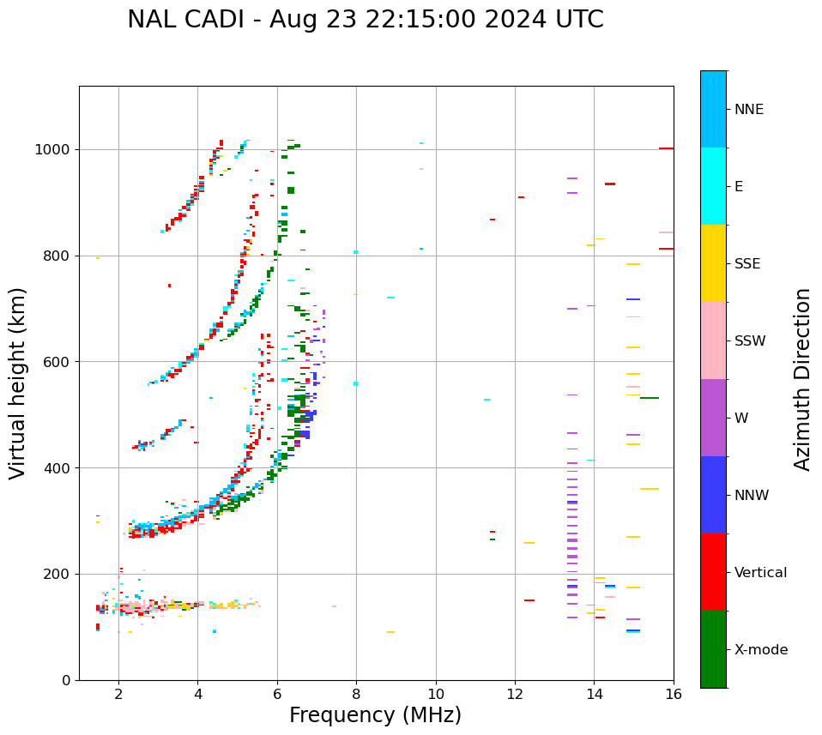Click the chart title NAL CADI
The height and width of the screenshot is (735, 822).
(x=365, y=20)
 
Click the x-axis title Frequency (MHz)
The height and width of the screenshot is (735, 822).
(x=375, y=715)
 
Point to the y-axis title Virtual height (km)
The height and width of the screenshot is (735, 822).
(x=18, y=383)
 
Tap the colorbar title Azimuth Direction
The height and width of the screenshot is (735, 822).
(x=802, y=378)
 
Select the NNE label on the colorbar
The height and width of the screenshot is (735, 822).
(x=748, y=110)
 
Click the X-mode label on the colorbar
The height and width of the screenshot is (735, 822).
(x=760, y=650)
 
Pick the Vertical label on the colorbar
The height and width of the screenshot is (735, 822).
(x=760, y=573)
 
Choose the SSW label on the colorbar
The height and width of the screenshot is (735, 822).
(x=750, y=341)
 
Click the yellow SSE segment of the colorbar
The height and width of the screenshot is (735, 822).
(x=713, y=262)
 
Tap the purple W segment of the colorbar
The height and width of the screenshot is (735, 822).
(x=713, y=418)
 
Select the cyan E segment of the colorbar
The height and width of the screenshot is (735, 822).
(x=713, y=185)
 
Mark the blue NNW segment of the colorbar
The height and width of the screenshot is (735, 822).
(x=713, y=495)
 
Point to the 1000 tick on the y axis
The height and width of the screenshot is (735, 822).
(x=57, y=150)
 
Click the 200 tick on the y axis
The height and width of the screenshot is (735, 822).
(x=62, y=574)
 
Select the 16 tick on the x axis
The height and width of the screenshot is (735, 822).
(x=674, y=693)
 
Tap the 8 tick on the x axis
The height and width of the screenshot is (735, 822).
(x=356, y=693)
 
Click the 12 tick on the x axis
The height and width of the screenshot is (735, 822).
(x=515, y=693)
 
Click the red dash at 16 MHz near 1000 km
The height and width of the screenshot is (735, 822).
(x=666, y=148)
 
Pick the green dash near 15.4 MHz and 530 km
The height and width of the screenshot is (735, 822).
(x=650, y=398)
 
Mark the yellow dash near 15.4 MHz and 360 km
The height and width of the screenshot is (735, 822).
(x=650, y=489)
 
